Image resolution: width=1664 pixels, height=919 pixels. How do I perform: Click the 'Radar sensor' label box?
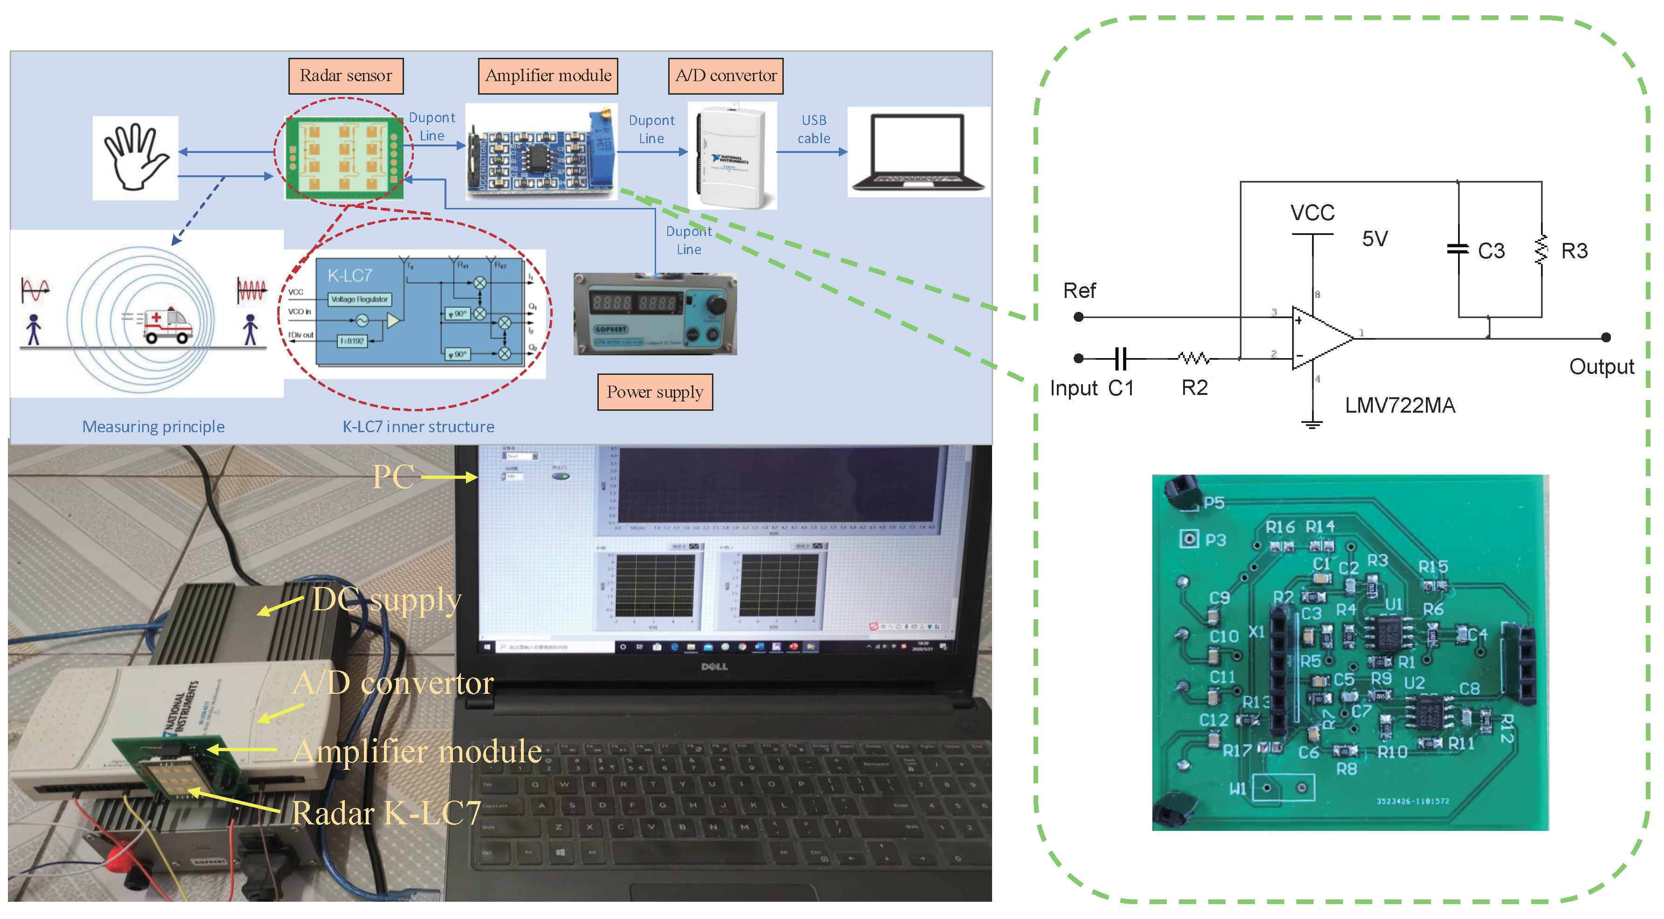346,76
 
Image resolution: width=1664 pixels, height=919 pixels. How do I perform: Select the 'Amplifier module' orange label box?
548,76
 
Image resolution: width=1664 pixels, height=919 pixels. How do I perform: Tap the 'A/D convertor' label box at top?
726,76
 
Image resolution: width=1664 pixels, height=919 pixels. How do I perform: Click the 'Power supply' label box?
654,392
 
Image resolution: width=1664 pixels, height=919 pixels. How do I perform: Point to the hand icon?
135,157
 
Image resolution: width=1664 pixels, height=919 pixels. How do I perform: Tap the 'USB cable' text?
813,129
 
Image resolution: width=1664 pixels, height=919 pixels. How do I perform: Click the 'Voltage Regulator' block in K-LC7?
359,299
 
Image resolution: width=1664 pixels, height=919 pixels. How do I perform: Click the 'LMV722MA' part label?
1399,405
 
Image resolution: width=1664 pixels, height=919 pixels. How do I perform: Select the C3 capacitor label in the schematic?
1490,251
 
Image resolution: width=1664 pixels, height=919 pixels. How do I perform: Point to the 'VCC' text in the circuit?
1312,213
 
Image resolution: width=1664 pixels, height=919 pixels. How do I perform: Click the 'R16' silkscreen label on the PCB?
1280,527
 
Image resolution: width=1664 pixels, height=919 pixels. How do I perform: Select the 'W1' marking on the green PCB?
1237,788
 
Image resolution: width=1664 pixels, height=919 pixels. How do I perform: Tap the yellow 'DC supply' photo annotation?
386,600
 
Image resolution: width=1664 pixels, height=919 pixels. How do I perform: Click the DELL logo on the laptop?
714,666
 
